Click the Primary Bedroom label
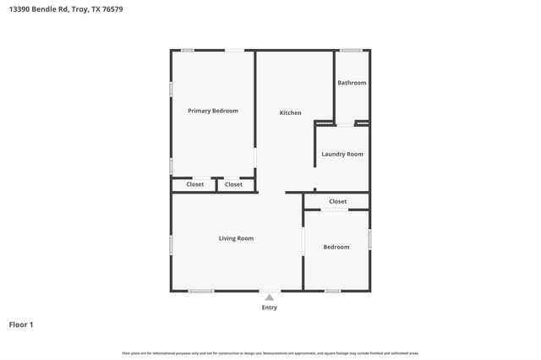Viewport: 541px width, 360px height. click(x=212, y=111)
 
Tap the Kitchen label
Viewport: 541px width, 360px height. click(x=291, y=112)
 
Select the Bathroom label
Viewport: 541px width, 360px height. click(x=352, y=83)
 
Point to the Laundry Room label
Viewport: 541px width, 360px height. click(x=342, y=154)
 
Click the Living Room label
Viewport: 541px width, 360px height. click(x=236, y=238)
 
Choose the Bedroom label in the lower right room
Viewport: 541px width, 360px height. click(x=336, y=247)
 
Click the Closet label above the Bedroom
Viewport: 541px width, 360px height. click(x=337, y=201)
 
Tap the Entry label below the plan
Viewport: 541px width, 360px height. click(x=269, y=308)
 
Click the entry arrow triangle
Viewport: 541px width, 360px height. click(x=269, y=297)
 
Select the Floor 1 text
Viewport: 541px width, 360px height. click(x=21, y=325)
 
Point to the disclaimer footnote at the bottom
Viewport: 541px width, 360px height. click(x=270, y=352)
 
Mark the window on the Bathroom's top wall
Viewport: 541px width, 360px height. click(x=351, y=51)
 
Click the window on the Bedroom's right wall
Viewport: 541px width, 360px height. click(x=369, y=239)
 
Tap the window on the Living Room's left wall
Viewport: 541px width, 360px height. click(x=172, y=244)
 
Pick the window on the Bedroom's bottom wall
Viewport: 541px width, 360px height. click(x=333, y=291)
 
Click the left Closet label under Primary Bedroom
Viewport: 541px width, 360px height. click(x=194, y=184)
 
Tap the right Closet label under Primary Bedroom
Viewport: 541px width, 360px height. click(x=234, y=184)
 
